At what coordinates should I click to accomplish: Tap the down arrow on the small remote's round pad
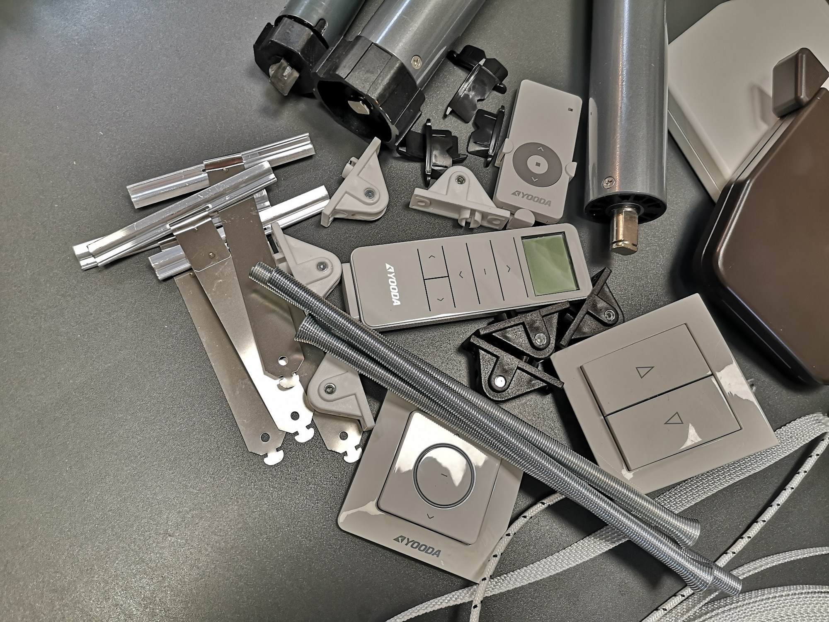(x=533, y=180)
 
